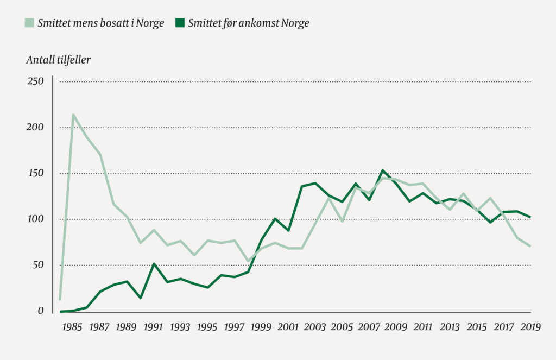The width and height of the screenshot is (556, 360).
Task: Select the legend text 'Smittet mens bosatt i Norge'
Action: tap(100, 24)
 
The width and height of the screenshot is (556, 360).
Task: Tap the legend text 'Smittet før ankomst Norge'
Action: tap(249, 24)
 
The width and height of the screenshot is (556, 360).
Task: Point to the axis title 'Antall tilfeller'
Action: tap(58, 60)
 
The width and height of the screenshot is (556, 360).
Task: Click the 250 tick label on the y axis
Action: tap(35, 81)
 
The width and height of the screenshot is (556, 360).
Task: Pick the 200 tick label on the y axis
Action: tap(35, 128)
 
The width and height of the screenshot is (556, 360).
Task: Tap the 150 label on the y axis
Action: tap(35, 173)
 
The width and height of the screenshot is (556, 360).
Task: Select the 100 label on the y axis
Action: tap(35, 219)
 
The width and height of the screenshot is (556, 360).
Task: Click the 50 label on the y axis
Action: tap(37, 265)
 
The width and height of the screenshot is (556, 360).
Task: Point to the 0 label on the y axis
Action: tap(40, 311)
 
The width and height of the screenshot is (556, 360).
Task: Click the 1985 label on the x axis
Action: tap(72, 327)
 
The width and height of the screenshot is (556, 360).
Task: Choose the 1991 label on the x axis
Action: tap(154, 327)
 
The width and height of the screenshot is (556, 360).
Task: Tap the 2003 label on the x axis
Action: tap(315, 327)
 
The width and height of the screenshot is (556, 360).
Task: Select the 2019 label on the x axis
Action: tap(530, 327)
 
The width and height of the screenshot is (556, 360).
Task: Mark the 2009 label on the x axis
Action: tap(395, 327)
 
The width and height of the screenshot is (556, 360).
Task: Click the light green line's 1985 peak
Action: tap(73, 115)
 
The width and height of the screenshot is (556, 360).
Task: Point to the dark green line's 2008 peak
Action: tap(382, 170)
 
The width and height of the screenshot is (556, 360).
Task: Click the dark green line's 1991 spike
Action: tap(154, 264)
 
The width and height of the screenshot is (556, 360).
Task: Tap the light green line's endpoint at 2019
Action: tap(530, 246)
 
